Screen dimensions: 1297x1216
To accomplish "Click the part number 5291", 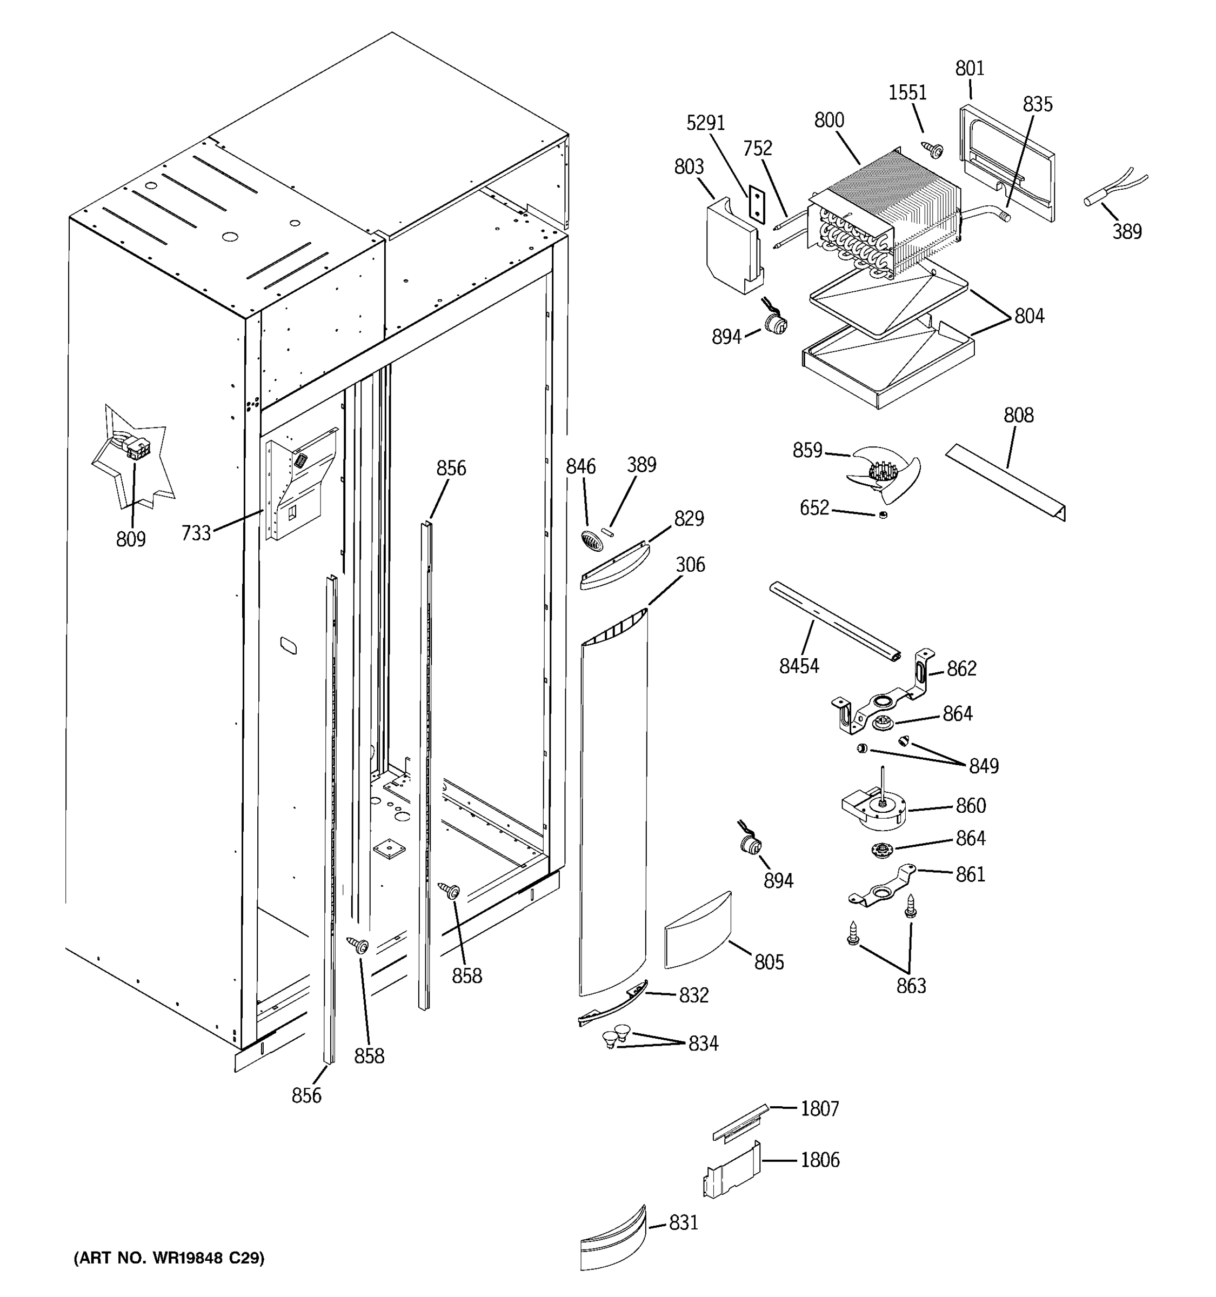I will (x=705, y=123).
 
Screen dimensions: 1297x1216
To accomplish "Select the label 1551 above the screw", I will (x=907, y=92).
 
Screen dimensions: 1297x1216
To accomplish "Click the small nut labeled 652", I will (x=883, y=516).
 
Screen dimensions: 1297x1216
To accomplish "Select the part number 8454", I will (x=798, y=665).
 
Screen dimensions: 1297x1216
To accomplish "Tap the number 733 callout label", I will (x=196, y=533).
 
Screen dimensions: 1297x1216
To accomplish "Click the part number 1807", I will (x=819, y=1108).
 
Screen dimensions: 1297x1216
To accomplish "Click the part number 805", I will (x=769, y=961).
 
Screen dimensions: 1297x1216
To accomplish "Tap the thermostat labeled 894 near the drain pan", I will (x=775, y=322).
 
